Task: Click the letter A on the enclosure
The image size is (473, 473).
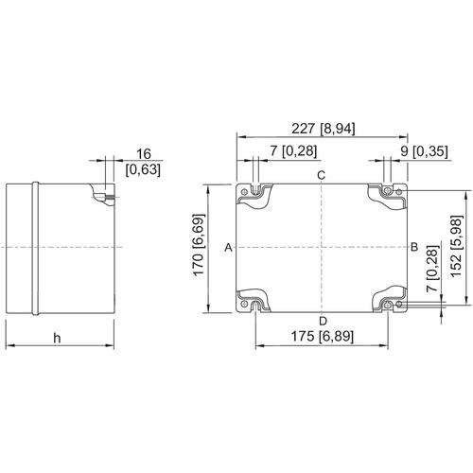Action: (228, 248)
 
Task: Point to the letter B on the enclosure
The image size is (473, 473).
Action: (413, 247)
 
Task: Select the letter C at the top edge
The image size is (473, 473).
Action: (321, 177)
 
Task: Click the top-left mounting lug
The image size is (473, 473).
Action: (254, 193)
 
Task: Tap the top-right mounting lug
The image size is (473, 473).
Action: (388, 193)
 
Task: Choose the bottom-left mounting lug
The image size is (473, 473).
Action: (254, 302)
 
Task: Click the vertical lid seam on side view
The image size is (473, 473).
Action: (36, 247)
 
